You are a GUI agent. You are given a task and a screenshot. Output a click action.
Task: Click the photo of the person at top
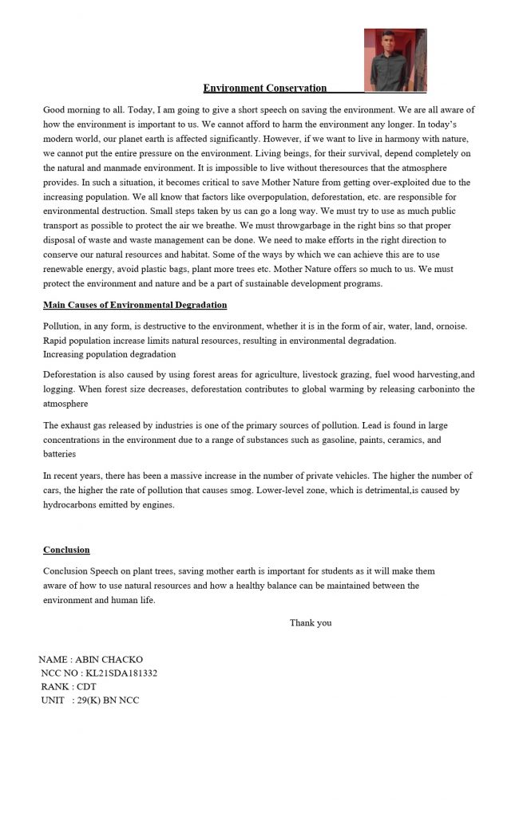(394, 60)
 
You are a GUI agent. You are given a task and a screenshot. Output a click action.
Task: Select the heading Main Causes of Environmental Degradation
(135, 305)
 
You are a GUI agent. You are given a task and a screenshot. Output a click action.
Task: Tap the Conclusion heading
(66, 550)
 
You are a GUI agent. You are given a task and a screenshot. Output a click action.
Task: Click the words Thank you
(311, 622)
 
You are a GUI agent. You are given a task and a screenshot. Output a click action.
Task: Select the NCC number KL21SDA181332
(121, 673)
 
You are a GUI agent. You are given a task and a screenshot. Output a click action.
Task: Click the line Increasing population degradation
(109, 353)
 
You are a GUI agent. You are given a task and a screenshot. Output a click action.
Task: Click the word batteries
(60, 454)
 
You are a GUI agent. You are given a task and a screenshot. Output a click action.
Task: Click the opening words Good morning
(69, 109)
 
